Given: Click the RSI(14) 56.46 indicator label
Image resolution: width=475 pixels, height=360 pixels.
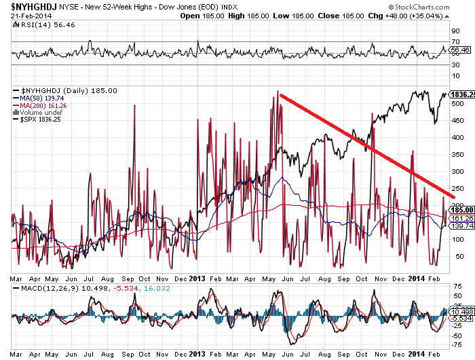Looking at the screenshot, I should [x=40, y=24].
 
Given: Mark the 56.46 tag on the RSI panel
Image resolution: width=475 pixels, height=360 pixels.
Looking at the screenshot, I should [x=460, y=50].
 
